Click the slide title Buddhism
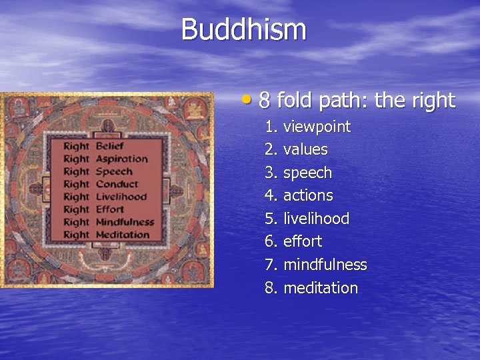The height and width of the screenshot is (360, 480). point(243,30)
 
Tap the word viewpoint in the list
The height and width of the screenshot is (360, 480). point(317,127)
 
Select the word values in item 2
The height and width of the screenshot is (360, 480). point(305,149)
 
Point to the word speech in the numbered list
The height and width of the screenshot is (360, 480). point(307,173)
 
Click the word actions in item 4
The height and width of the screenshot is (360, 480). point(308,195)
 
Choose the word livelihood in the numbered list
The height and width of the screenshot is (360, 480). point(316,219)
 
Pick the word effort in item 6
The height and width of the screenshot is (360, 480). point(302,241)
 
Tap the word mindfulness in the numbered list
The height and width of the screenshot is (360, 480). point(325,265)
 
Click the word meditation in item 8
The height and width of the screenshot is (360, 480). point(321,288)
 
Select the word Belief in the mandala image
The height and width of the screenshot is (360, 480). point(110,146)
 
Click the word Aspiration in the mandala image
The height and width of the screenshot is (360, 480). point(121,159)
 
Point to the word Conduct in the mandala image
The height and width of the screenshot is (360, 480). point(117,184)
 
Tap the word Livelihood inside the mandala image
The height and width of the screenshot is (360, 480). point(121,197)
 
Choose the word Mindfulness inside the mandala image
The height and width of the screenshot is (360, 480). point(125,222)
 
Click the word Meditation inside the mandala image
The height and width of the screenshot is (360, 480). point(123,235)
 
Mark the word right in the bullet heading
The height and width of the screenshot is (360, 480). point(433,101)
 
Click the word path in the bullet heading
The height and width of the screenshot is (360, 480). point(339,101)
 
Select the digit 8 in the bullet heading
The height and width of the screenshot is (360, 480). point(264,101)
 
